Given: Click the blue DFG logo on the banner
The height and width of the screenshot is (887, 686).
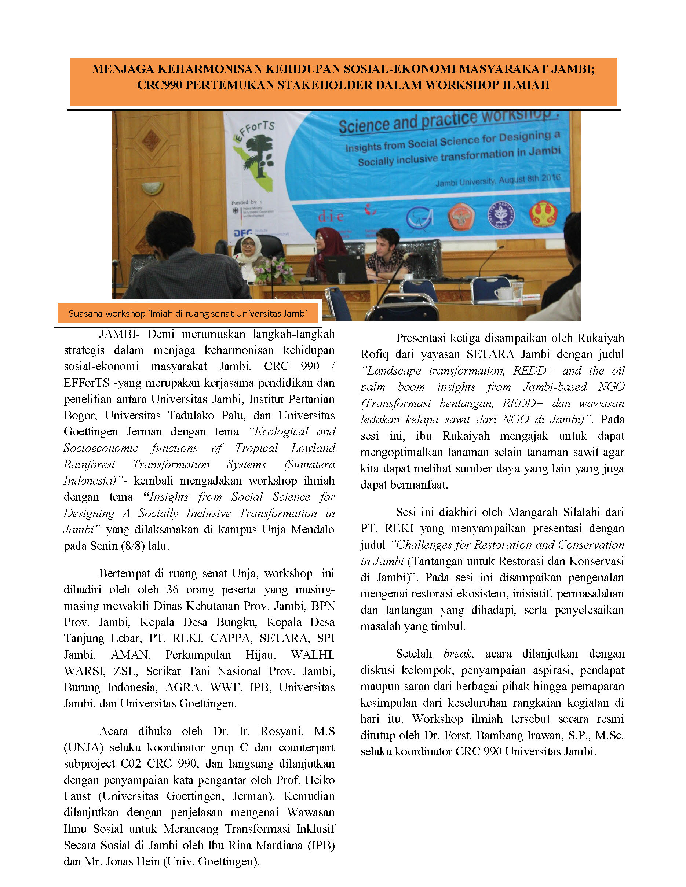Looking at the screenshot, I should [x=242, y=233].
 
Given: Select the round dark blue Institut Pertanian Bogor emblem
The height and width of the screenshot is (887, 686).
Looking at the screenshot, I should [x=501, y=215].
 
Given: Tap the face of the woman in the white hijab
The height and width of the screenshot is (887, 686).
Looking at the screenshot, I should [x=248, y=246].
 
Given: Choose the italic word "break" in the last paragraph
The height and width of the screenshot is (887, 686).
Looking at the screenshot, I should [x=457, y=654].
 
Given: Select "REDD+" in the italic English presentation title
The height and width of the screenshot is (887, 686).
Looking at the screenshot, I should [x=533, y=371].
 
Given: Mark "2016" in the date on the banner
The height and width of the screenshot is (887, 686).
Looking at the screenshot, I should [x=551, y=178].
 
